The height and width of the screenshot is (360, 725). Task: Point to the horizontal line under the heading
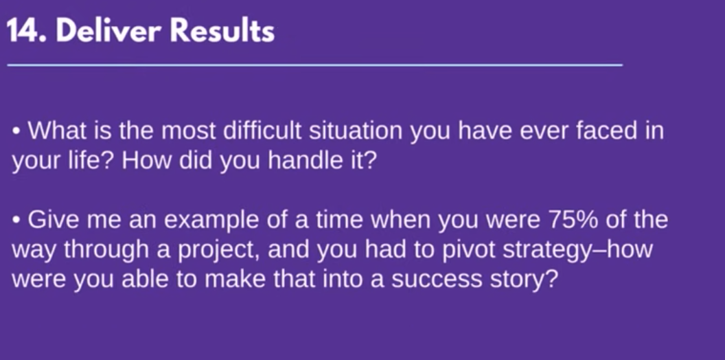click(x=315, y=65)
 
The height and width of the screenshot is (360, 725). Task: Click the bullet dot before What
click(x=16, y=131)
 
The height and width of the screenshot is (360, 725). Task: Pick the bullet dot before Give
click(x=16, y=221)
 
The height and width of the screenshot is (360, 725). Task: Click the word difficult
click(x=262, y=131)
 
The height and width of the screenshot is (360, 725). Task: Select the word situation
click(x=356, y=131)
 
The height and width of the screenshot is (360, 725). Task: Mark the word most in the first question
click(x=189, y=131)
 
